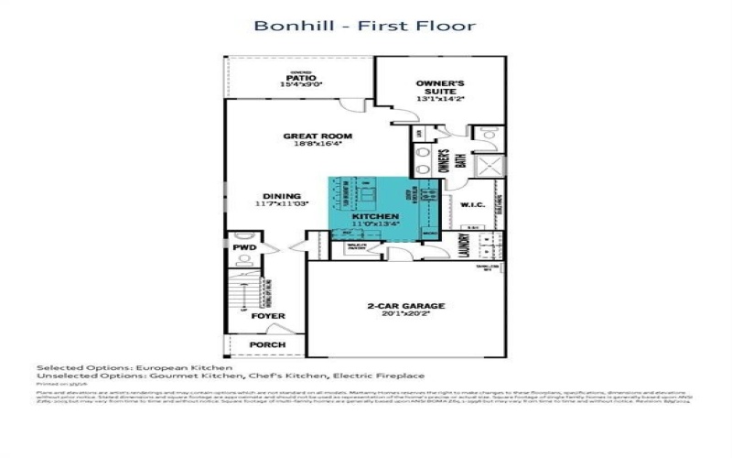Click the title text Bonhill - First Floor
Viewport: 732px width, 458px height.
tap(365, 25)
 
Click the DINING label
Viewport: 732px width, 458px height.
tap(281, 196)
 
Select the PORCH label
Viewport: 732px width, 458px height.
tap(268, 344)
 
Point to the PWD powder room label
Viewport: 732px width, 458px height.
tap(243, 248)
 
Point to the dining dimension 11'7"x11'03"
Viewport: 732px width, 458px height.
tap(281, 204)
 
